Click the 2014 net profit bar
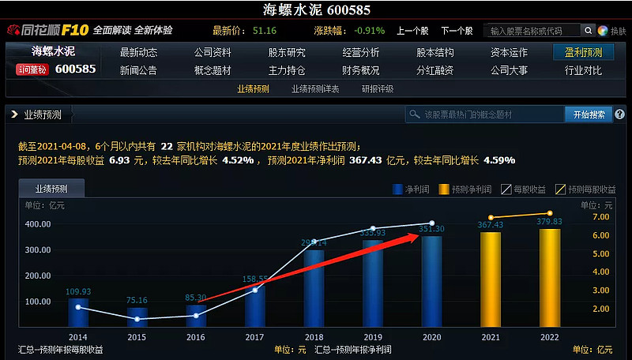click(78, 313)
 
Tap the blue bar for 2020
click(431, 282)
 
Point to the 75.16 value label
click(137, 300)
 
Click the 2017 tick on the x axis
click(255, 337)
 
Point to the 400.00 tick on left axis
click(38, 224)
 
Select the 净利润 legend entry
click(410, 189)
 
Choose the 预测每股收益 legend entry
click(586, 189)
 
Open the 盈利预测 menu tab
click(583, 53)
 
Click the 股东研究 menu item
click(287, 53)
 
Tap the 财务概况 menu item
click(360, 70)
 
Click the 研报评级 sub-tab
click(378, 89)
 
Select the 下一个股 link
click(457, 31)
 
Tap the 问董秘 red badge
click(32, 69)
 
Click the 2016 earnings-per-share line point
click(196, 315)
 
